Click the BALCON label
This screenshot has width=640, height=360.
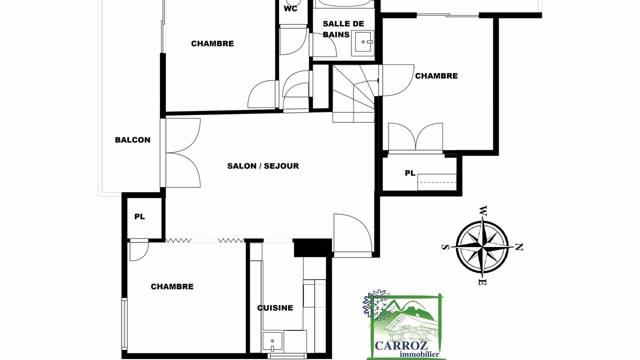tap(132, 140)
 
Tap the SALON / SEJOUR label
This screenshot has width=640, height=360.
tap(263, 166)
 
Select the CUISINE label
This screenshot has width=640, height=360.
tap(275, 307)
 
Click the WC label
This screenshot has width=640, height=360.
tap(290, 9)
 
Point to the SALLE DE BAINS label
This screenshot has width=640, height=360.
tap(343, 29)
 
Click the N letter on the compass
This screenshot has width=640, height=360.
tap(518, 247)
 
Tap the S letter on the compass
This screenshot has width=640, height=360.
tap(445, 247)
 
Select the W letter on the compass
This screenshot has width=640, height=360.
tap(483, 211)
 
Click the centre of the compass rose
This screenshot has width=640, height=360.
tap(482, 246)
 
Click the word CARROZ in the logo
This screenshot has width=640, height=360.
tap(401, 345)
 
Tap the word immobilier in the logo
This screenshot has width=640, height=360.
tap(419, 354)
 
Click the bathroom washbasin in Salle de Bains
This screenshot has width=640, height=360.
tap(364, 42)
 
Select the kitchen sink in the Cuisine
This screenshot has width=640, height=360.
tap(273, 341)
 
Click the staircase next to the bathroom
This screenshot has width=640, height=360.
tap(353, 93)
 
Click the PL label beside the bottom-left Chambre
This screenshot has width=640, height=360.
tap(139, 217)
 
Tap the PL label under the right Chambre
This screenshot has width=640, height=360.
tap(410, 173)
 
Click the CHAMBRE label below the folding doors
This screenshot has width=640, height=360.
tap(172, 286)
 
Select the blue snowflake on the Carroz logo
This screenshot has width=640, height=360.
tap(376, 305)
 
